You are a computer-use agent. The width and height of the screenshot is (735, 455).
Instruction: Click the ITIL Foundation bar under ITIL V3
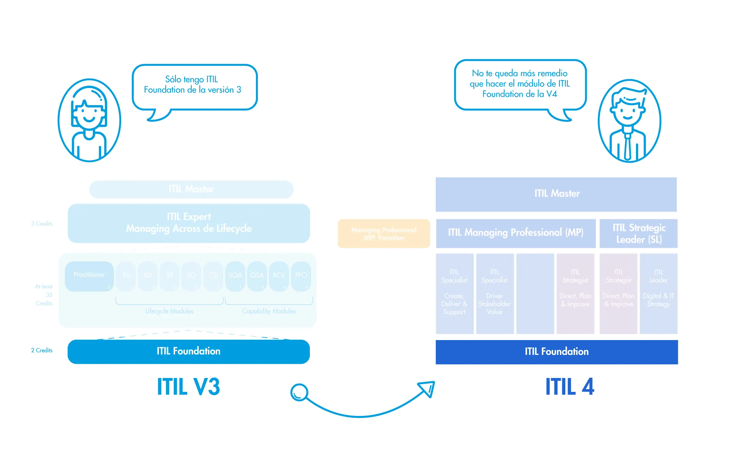click(x=188, y=351)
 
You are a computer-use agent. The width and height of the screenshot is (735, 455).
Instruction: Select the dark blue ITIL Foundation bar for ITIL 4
click(x=556, y=352)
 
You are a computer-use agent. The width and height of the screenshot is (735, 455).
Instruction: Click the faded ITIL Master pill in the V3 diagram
click(x=191, y=189)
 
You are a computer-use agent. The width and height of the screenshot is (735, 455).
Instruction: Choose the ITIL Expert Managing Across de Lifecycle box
click(x=188, y=223)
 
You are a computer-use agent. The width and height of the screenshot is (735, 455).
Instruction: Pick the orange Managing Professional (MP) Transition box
click(x=384, y=233)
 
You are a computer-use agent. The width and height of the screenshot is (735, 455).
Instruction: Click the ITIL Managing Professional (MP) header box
click(x=515, y=233)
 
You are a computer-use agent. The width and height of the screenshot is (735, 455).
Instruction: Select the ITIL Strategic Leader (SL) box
click(x=638, y=233)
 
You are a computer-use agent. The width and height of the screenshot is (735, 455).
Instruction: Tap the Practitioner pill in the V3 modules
click(x=89, y=276)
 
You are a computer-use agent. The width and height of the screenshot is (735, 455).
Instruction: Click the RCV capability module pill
click(x=278, y=276)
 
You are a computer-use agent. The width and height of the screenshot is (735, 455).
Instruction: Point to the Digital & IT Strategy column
click(x=658, y=293)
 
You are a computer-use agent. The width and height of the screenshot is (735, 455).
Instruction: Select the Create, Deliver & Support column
click(x=454, y=293)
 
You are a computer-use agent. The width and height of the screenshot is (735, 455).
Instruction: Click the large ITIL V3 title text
click(x=188, y=386)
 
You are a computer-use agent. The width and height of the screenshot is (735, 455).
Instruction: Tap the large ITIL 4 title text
click(x=569, y=386)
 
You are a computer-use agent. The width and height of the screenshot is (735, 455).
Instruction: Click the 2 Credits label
click(x=41, y=350)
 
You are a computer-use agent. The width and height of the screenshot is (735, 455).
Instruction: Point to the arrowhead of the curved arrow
click(x=427, y=388)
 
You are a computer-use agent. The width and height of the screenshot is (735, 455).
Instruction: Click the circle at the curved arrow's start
click(x=299, y=392)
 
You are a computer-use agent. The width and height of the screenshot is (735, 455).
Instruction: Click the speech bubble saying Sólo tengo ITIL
click(x=194, y=87)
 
